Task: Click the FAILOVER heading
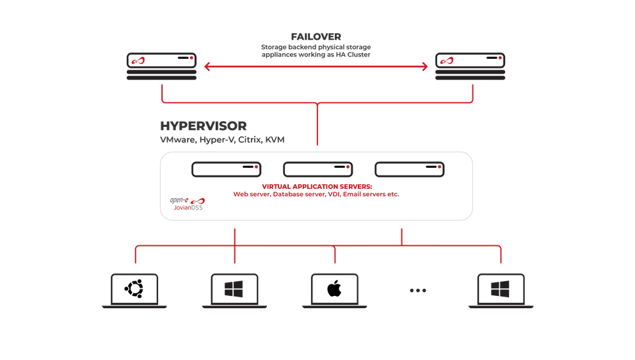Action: click(316, 37)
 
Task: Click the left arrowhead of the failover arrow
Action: click(207, 66)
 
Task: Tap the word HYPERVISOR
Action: click(203, 126)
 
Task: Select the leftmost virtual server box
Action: click(227, 170)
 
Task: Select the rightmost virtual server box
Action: click(410, 170)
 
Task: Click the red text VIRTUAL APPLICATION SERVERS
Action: click(317, 186)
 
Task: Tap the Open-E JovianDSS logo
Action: click(187, 203)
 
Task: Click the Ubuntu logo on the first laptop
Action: click(134, 290)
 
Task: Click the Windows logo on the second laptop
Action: click(234, 290)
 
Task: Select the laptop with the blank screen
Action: click(334, 290)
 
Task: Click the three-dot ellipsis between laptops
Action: click(417, 290)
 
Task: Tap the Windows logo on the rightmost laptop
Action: click(501, 290)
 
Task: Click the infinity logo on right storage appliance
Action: click(451, 61)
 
